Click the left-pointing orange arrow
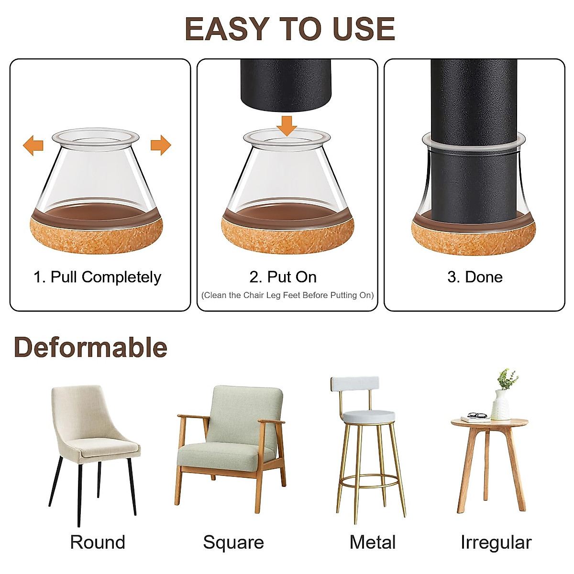pyautogui.click(x=33, y=145)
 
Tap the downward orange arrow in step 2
pyautogui.click(x=287, y=125)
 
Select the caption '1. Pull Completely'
pyautogui.click(x=97, y=277)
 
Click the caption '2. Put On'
pyautogui.click(x=283, y=277)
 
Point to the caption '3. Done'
pyautogui.click(x=475, y=277)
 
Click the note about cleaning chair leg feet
pyautogui.click(x=287, y=295)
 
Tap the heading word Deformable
pyautogui.click(x=90, y=347)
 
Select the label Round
pyautogui.click(x=98, y=542)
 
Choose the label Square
pyautogui.click(x=233, y=542)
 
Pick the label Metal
pyautogui.click(x=372, y=542)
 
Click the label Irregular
pyautogui.click(x=496, y=542)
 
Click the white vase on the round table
pyautogui.click(x=500, y=405)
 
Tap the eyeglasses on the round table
pyautogui.click(x=476, y=415)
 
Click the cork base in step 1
pyautogui.click(x=96, y=237)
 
